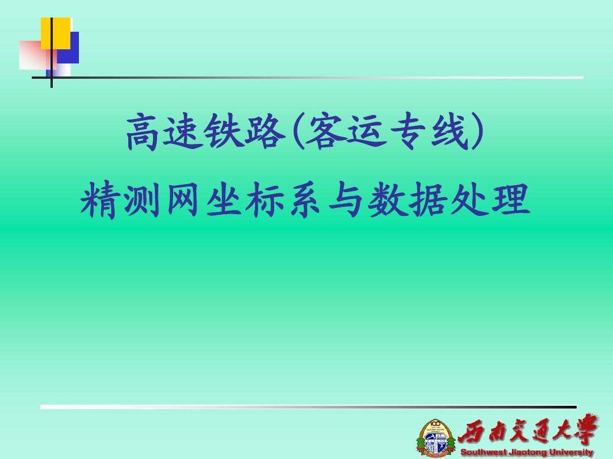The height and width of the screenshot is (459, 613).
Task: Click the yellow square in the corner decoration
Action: click(55, 33)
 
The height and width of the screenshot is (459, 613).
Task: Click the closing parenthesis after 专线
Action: click(478, 133)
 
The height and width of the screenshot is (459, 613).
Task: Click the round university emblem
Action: click(436, 437)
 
